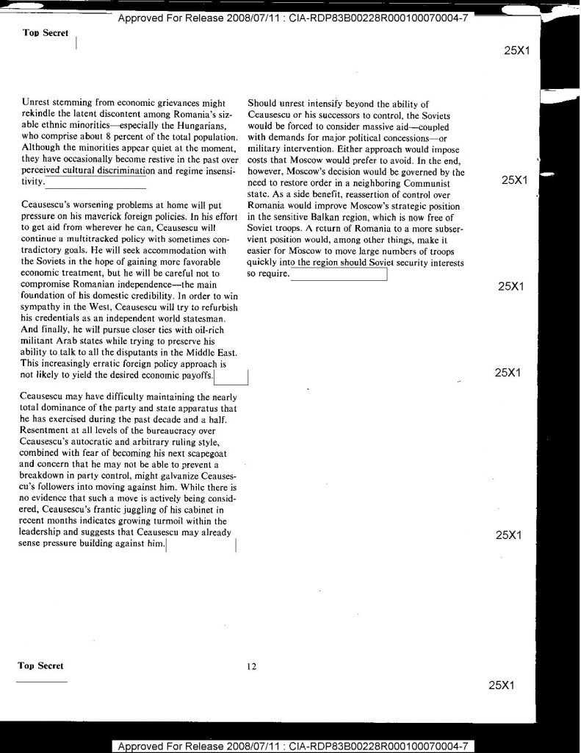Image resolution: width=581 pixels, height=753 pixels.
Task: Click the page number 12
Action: point(251,667)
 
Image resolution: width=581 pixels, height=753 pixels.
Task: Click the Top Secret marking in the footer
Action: point(41,666)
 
